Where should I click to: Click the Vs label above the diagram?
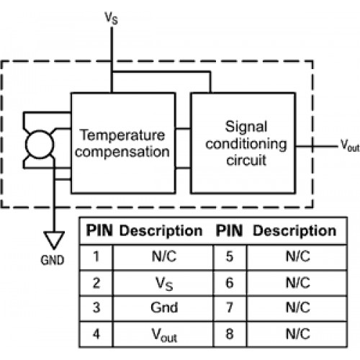(111, 18)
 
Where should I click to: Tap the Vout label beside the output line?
(350, 145)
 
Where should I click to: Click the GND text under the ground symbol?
(53, 260)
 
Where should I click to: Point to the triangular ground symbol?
(54, 240)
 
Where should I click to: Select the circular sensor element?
(40, 144)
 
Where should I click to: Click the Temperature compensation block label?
(122, 143)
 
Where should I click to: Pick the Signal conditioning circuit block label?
(246, 143)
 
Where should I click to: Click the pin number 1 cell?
(96, 256)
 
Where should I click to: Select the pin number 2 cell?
(96, 283)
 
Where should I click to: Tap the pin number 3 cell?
(96, 307)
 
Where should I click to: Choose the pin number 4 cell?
(96, 334)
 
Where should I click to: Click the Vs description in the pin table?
(164, 284)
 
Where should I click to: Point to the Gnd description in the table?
(164, 307)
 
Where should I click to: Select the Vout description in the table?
(164, 335)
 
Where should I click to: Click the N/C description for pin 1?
(164, 256)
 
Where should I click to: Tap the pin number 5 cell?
(230, 256)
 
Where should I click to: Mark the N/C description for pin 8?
(298, 334)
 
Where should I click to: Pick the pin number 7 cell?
(230, 307)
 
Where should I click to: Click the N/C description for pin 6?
(298, 283)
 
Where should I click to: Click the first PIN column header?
(99, 230)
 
